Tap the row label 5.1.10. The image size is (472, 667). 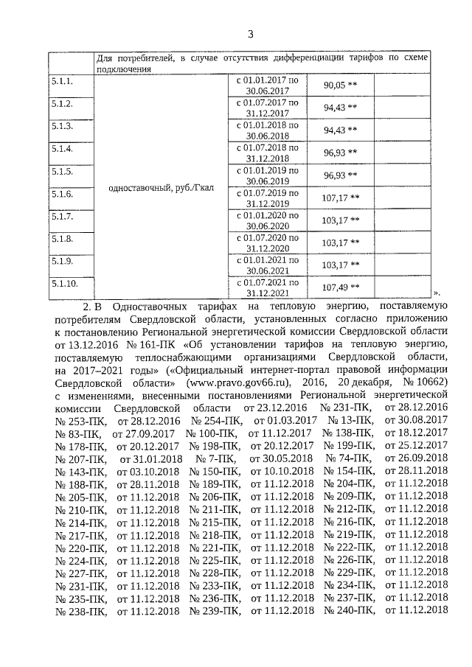(x=66, y=282)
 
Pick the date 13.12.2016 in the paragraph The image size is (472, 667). (x=100, y=346)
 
